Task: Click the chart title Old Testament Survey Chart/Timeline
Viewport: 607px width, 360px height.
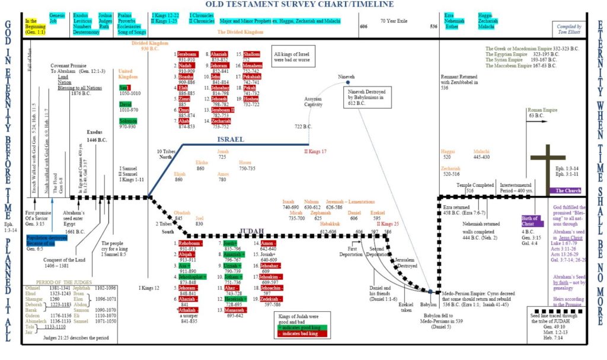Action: (x=303, y=5)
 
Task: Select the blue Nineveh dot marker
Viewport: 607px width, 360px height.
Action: (x=347, y=82)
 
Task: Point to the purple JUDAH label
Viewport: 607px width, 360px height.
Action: (x=255, y=231)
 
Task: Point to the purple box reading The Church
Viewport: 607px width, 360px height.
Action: (x=566, y=190)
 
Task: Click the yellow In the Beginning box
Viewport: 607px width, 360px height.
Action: (x=34, y=24)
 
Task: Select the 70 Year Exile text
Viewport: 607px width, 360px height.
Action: (x=392, y=20)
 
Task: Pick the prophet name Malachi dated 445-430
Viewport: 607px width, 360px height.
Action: (x=481, y=152)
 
